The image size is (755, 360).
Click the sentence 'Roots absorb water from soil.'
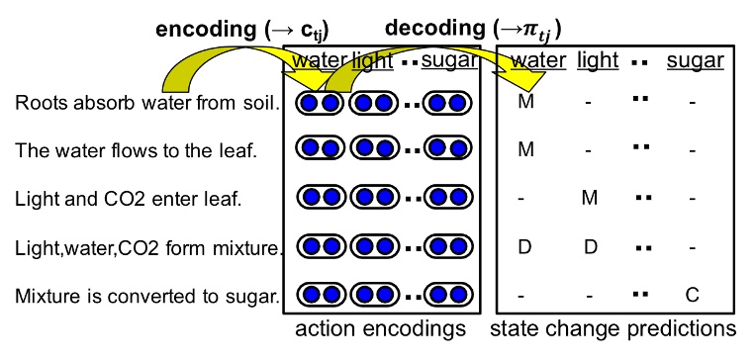[x=148, y=103]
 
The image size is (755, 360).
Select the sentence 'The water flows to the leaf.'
[x=136, y=150]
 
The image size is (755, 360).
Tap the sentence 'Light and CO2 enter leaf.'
[x=128, y=198]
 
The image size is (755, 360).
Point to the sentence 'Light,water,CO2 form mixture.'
[x=150, y=245]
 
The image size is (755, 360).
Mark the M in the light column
[x=590, y=198]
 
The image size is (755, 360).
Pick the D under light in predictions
[x=590, y=245]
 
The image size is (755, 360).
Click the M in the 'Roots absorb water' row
[x=526, y=103]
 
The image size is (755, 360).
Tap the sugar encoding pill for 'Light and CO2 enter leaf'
[x=445, y=198]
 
